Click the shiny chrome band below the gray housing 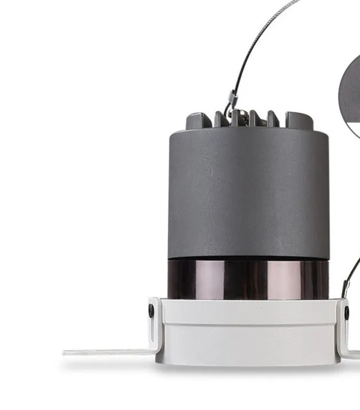pyautogui.click(x=248, y=279)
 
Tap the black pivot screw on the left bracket pyautogui.click(x=151, y=312)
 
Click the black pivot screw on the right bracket pyautogui.click(x=347, y=313)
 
